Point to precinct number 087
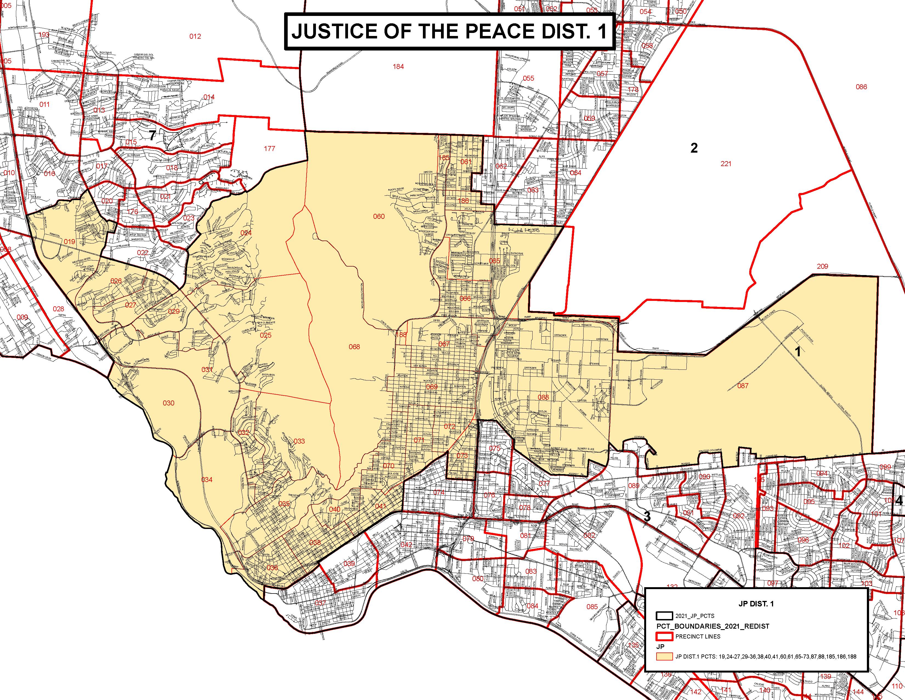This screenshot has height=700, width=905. (743, 386)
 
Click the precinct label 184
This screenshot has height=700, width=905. (398, 66)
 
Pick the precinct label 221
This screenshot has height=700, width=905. (726, 164)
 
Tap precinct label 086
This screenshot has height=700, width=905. (861, 87)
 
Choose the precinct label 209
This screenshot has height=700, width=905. (822, 266)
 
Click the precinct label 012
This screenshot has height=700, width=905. (195, 37)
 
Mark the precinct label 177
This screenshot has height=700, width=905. (269, 149)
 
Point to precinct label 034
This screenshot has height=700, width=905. (207, 480)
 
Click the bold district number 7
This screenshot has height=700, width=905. (152, 136)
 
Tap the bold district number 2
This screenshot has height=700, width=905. (694, 148)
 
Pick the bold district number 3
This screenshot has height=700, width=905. (647, 517)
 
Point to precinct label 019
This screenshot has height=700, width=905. (70, 242)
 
